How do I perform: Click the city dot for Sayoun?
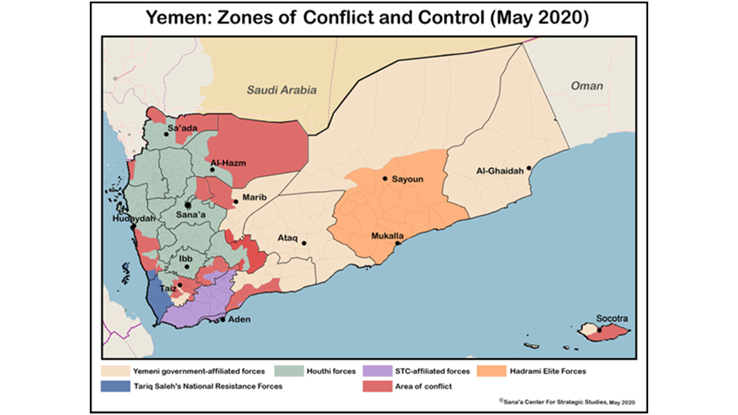tap(385, 179)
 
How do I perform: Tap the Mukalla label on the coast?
tap(387, 236)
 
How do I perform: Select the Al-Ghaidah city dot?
tap(529, 168)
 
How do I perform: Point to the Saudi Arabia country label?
tap(282, 90)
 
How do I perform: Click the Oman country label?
tap(587, 86)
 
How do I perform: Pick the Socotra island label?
tap(612, 318)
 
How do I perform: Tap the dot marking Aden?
tap(223, 320)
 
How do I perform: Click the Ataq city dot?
tap(304, 243)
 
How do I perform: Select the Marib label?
tap(254, 197)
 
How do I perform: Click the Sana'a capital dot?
tap(188, 205)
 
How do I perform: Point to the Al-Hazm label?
tap(228, 163)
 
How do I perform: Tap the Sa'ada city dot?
tap(166, 134)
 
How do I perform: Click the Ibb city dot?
tap(187, 267)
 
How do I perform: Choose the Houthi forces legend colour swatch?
tap(289, 371)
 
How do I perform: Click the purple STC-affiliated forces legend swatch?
tap(377, 371)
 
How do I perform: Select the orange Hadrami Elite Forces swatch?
tap(491, 371)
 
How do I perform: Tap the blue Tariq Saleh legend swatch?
tap(116, 386)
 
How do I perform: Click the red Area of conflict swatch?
tap(377, 386)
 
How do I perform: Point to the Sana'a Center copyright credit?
tap(567, 402)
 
